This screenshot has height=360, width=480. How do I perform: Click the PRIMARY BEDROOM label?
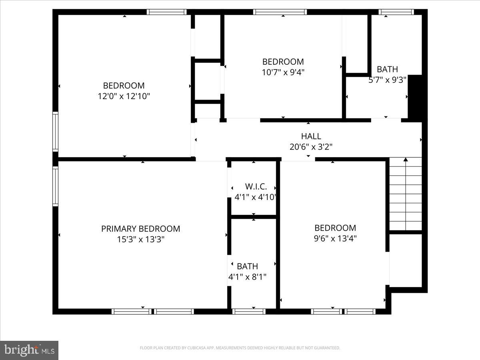tap(140, 229)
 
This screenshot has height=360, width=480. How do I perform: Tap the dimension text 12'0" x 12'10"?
tap(124, 96)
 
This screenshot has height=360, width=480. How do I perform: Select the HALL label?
tap(311, 136)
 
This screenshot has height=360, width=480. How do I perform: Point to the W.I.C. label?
tap(256, 186)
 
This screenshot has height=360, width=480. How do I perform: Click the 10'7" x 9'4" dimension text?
tap(283, 72)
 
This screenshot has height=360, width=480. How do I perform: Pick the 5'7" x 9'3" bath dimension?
tap(387, 80)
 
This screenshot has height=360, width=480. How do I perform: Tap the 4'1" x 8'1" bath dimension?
tap(247, 276)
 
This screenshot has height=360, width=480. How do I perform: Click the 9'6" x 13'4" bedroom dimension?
tap(335, 238)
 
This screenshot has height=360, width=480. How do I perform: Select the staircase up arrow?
tap(406, 160)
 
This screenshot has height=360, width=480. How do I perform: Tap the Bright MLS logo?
tap(29, 350)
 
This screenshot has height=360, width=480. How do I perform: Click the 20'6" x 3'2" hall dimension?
tap(311, 147)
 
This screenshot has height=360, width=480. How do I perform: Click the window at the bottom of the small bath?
tap(248, 311)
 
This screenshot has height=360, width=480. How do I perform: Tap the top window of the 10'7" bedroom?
tap(280, 12)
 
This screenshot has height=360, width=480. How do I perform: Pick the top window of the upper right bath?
tap(396, 12)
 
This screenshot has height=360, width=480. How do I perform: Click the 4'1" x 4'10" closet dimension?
tap(256, 197)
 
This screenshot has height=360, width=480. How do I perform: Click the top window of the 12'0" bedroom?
tap(166, 12)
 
